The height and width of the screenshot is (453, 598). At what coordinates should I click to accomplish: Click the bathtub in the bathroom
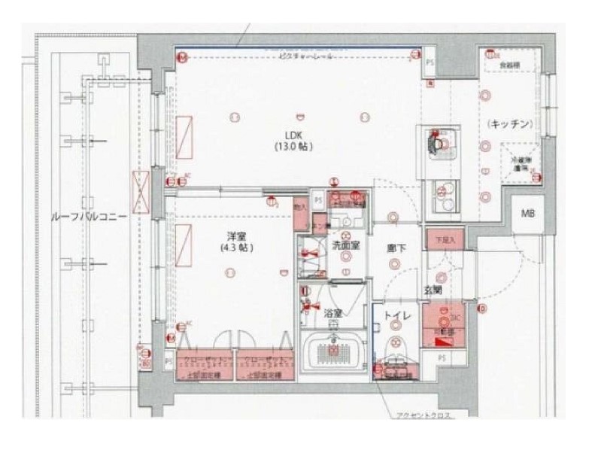(x=332, y=354)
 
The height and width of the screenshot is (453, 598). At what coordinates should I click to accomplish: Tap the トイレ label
(x=396, y=316)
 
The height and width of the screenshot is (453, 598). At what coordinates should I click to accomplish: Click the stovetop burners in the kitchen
(x=437, y=141)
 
